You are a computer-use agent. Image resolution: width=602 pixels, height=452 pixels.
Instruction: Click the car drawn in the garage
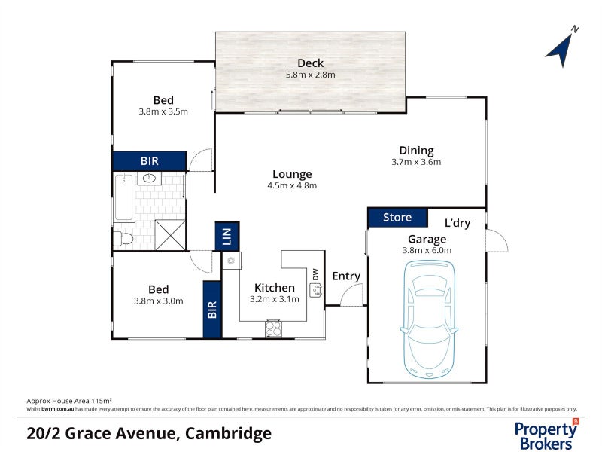point(428,318)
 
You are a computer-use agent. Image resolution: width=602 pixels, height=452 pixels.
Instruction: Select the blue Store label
point(397,218)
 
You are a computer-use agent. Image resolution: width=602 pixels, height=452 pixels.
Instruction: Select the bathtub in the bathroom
point(124,197)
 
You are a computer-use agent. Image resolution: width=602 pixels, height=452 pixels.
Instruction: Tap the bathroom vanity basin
point(149,179)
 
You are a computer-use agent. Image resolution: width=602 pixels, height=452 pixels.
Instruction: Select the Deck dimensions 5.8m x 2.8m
point(310,75)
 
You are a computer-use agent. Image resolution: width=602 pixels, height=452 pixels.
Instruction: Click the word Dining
point(416,151)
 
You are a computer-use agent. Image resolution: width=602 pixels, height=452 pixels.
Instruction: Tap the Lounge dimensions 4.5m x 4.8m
point(293,185)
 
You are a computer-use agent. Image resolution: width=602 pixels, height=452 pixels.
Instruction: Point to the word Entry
point(346,276)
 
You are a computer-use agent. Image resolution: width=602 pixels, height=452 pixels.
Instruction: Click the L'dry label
point(458,223)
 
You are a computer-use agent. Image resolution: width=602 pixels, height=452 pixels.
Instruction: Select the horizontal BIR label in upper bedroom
point(149,161)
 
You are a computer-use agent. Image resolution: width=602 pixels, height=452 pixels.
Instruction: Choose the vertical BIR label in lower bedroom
point(212,310)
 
